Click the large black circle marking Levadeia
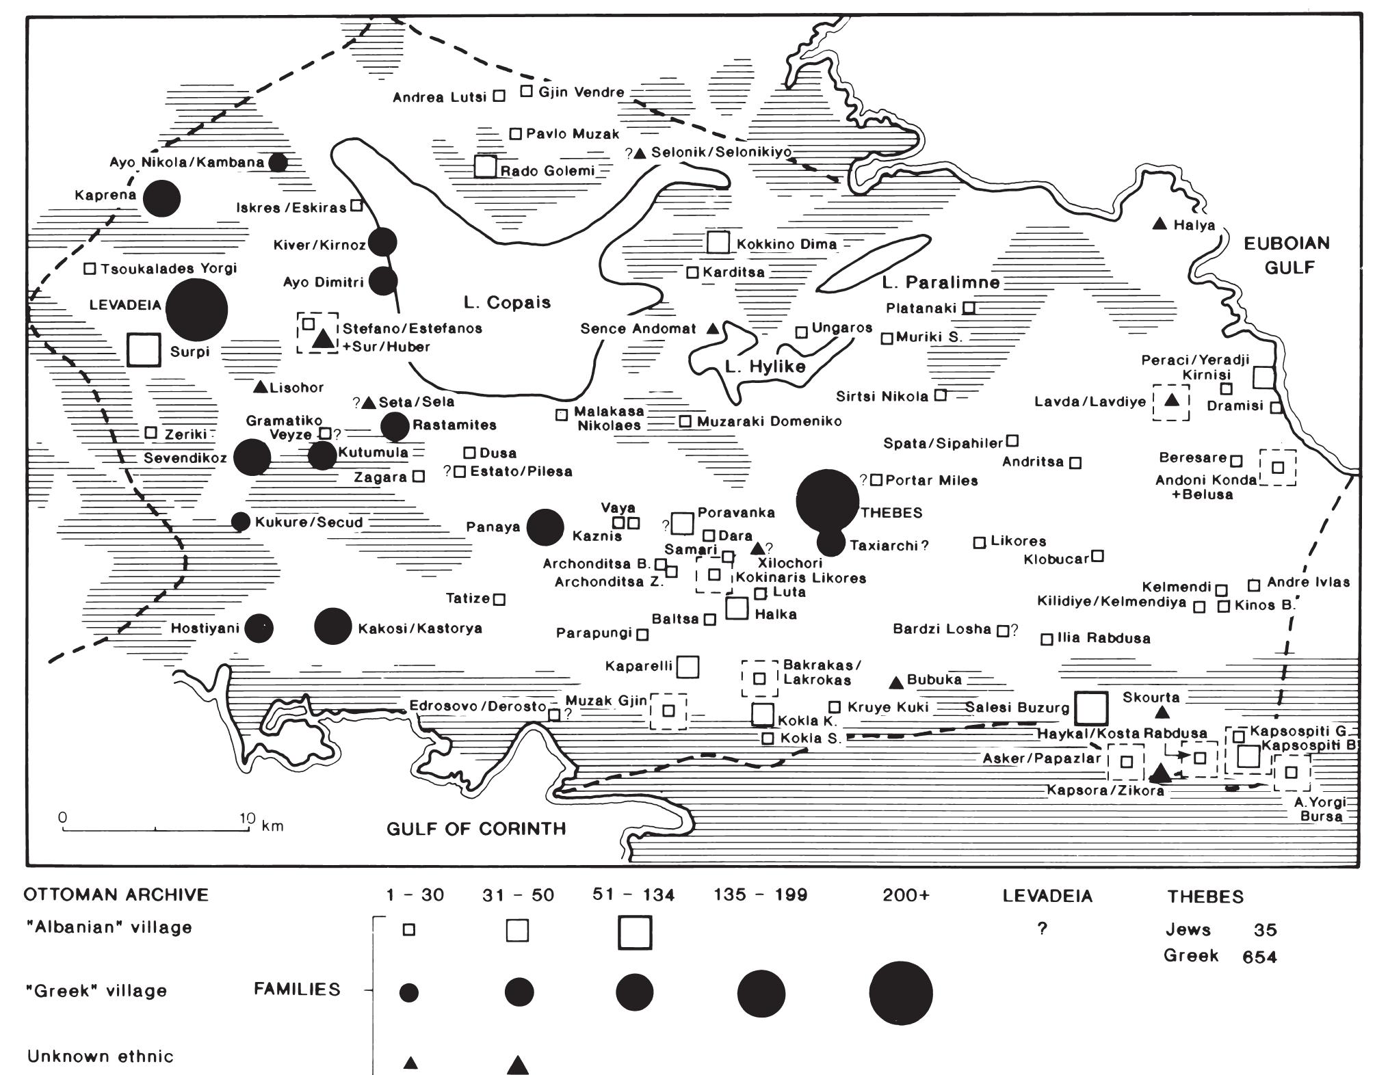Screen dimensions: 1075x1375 click(196, 309)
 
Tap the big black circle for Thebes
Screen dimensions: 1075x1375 click(828, 501)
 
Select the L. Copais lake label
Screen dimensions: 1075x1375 click(507, 302)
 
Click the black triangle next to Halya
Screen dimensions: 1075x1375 click(1160, 224)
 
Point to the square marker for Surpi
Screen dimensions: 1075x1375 click(144, 350)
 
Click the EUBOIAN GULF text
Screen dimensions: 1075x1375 click(1286, 254)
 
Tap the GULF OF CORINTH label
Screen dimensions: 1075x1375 click(476, 829)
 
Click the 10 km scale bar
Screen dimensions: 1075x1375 click(155, 830)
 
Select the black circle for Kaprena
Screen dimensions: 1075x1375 click(161, 198)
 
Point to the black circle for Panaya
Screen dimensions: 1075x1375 click(545, 527)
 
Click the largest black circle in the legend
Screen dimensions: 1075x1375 click(900, 992)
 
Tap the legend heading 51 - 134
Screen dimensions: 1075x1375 click(633, 894)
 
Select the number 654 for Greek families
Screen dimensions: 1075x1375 click(1259, 957)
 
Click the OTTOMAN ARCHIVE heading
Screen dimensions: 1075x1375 click(116, 894)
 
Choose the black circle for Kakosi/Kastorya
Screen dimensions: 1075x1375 click(332, 626)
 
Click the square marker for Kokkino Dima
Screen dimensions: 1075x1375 click(717, 242)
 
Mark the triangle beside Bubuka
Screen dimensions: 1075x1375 click(895, 682)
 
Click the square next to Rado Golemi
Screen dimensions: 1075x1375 click(485, 166)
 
